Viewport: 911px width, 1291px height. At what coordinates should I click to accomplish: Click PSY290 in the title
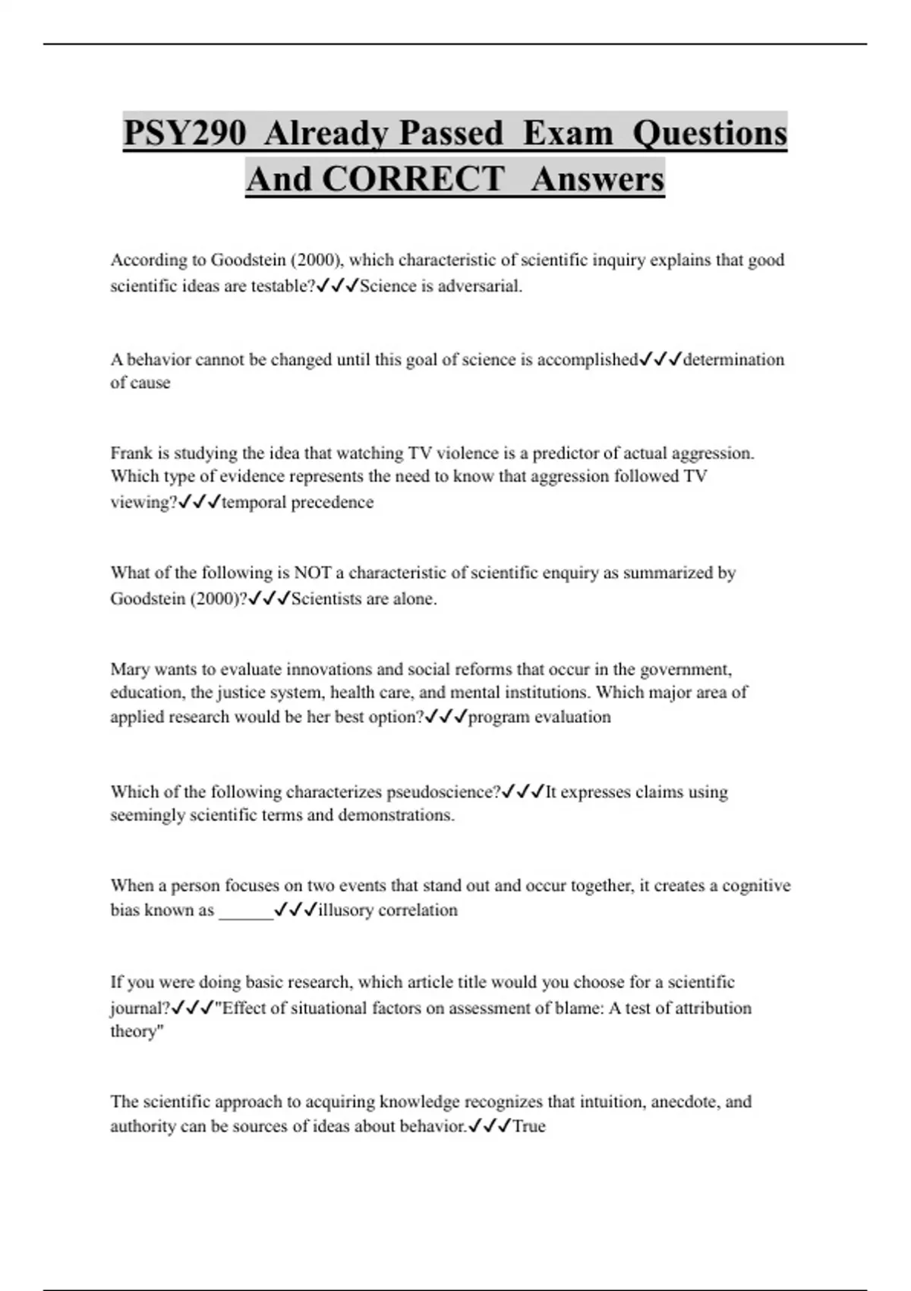(x=184, y=133)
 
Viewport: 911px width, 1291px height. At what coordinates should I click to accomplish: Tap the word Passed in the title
(x=451, y=133)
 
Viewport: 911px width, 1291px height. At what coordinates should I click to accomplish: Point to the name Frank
(x=131, y=453)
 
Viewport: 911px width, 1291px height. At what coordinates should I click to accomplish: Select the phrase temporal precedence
(x=298, y=502)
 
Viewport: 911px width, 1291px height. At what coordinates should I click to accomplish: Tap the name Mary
(x=130, y=669)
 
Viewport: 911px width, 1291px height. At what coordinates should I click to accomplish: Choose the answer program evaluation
(x=539, y=717)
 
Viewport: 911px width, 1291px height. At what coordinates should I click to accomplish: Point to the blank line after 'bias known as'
(x=245, y=911)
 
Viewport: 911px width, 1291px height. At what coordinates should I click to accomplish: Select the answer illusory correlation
(x=388, y=910)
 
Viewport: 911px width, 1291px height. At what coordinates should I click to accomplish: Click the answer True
(x=529, y=1126)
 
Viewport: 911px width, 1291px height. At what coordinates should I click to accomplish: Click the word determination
(x=733, y=359)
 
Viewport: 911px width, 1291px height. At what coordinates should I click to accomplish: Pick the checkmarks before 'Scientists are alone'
(x=270, y=598)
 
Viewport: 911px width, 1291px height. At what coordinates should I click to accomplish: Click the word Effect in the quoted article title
(x=242, y=1008)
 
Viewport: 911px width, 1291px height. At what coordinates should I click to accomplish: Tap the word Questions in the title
(x=709, y=133)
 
